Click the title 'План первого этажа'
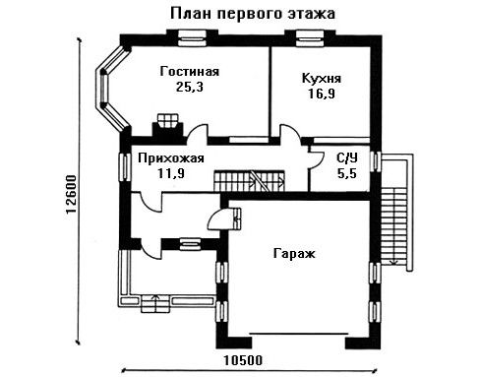253,14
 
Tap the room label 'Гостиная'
190,72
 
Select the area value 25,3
190,87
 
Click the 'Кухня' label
322,79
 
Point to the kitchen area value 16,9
322,94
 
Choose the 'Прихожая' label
171,158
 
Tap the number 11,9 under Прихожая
171,173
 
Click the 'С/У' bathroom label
347,158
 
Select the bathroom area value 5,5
347,173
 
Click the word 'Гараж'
294,254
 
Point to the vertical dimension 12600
71,194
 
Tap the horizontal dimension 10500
243,360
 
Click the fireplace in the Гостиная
167,128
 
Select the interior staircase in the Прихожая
249,180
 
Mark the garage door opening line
298,334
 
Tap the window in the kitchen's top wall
310,38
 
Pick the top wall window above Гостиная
192,38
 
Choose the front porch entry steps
155,304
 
